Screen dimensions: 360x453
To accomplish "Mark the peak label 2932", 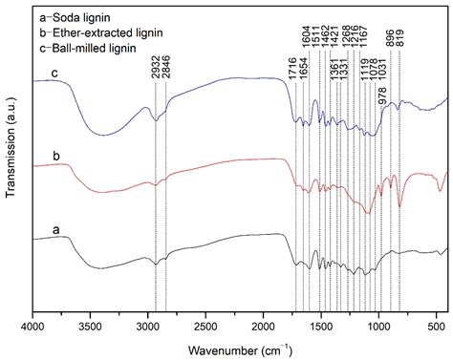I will tap(154, 63).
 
